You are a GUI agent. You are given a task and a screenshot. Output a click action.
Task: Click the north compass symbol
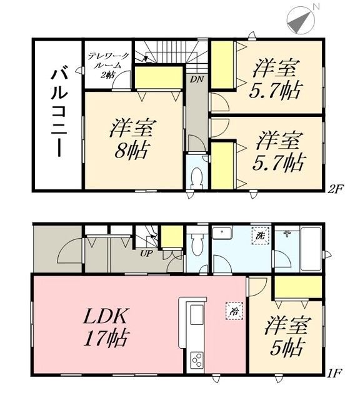pos(301,19)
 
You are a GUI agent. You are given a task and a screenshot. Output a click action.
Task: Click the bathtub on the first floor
pos(311,248)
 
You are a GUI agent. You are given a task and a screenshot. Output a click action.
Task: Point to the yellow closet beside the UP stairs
pos(169,238)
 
